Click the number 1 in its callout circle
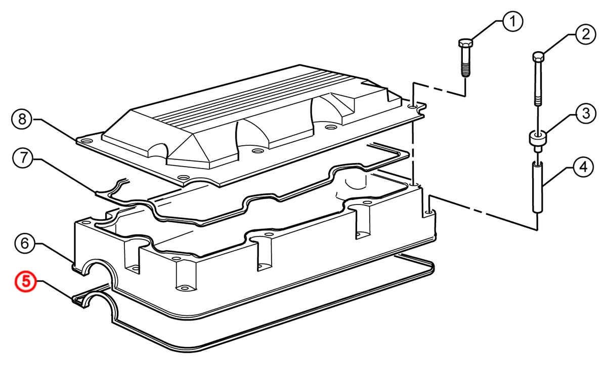513,22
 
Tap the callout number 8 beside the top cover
23,119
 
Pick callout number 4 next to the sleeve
583,168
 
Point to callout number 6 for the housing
25,244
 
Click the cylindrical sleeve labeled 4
537,187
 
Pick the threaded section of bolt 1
465,70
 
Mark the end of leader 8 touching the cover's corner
76,140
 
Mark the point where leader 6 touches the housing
73,263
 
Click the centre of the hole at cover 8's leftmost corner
85,141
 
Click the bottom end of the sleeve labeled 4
537,212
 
